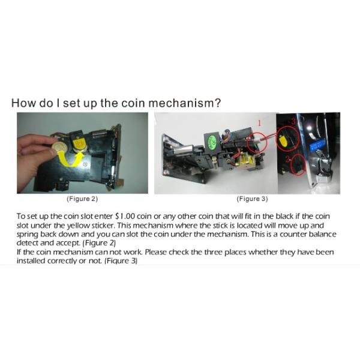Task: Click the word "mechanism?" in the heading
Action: pos(185,103)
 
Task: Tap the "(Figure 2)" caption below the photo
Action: pos(82,199)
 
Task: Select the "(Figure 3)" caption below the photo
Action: pos(253,199)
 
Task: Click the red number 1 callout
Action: pos(259,123)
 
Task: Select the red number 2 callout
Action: pos(288,159)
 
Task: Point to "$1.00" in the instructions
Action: pos(125,216)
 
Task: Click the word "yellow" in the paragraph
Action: pos(78,226)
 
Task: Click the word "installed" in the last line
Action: pos(31,261)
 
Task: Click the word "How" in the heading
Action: pos(24,103)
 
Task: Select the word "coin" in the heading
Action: pos(133,103)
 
